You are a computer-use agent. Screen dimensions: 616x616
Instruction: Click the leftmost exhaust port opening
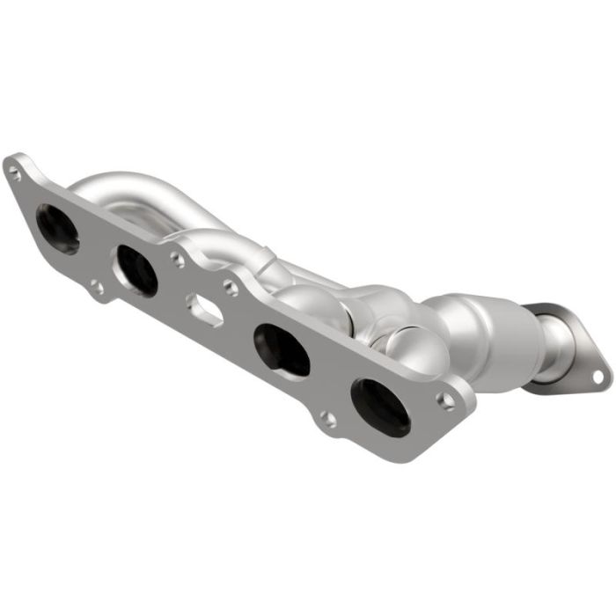tap(57, 228)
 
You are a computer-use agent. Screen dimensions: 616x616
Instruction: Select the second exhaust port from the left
tap(136, 269)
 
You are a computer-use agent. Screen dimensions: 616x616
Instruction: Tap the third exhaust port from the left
tap(282, 349)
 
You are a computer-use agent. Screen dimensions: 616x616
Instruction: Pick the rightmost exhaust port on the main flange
tap(380, 405)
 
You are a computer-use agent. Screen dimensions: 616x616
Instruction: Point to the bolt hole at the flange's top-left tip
tap(14, 173)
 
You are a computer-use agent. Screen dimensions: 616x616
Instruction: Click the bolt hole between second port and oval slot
tap(178, 260)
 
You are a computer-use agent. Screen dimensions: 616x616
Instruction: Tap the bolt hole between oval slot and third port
tap(230, 286)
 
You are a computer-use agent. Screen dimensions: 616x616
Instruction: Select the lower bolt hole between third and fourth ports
tap(327, 419)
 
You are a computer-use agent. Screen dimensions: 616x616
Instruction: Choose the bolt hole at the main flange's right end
tap(448, 400)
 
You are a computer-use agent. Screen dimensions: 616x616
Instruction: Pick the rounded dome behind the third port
tap(308, 304)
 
